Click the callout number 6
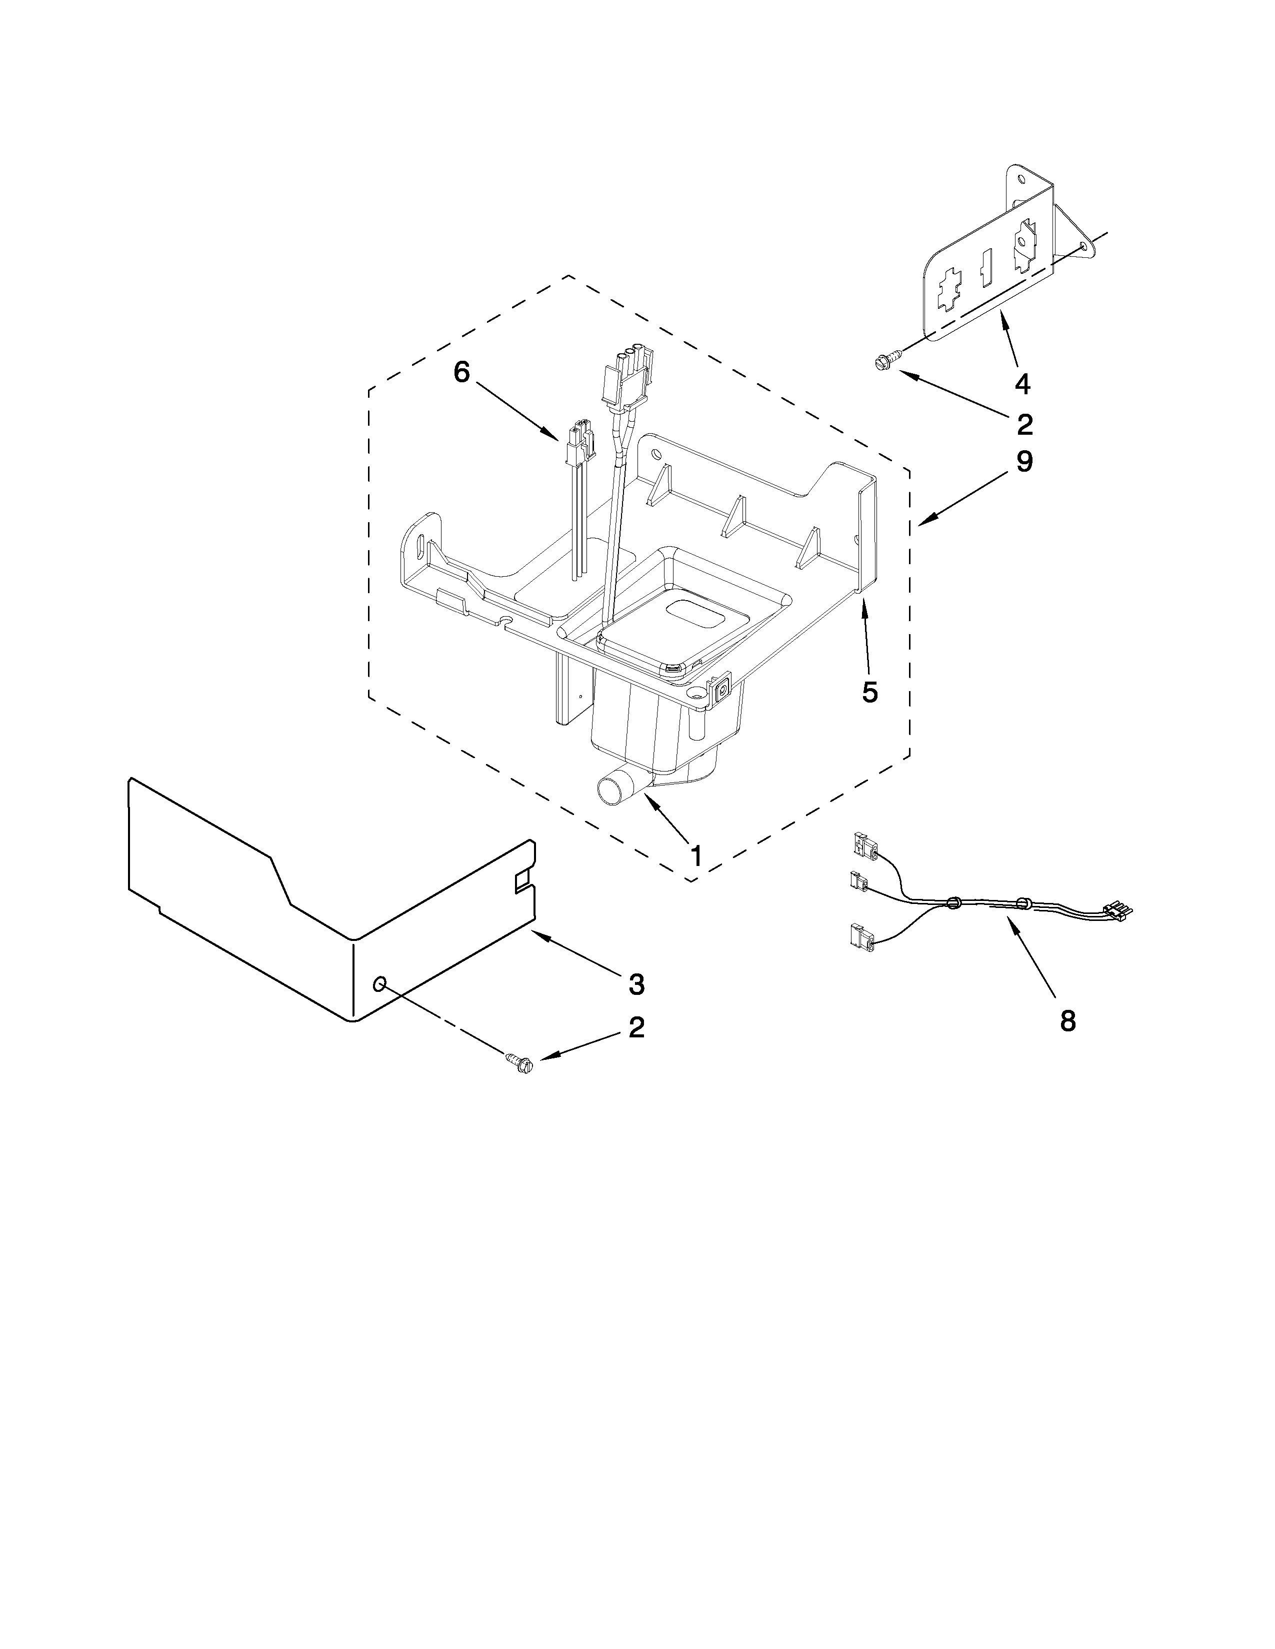coord(461,372)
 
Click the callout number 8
coord(1067,1021)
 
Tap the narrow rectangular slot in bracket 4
coord(985,268)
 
